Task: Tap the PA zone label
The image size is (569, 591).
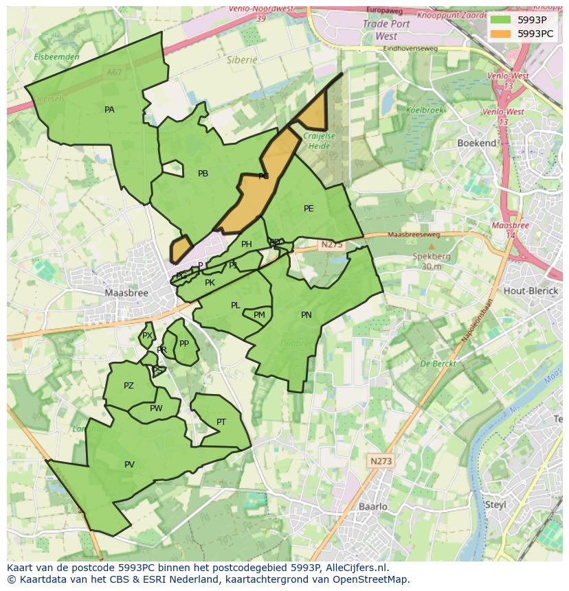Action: [109, 110]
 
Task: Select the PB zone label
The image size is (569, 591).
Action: [203, 174]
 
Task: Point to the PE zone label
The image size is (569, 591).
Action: [309, 209]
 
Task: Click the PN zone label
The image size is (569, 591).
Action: [306, 315]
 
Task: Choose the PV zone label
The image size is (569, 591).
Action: [129, 465]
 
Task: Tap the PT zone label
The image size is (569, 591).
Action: [221, 422]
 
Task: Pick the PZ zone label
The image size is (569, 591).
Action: [129, 386]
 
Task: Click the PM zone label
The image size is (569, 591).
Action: [259, 316]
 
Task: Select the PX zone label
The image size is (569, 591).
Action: [147, 336]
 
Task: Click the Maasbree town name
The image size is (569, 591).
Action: [126, 292]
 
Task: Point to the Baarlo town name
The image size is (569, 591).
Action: [373, 507]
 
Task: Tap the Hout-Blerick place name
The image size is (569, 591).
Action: [531, 290]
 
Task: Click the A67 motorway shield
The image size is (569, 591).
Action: [114, 71]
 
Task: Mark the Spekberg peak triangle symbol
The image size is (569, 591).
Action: [432, 246]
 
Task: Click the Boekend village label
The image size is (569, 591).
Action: [476, 143]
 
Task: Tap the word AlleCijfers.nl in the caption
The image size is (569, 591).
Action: [355, 568]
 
